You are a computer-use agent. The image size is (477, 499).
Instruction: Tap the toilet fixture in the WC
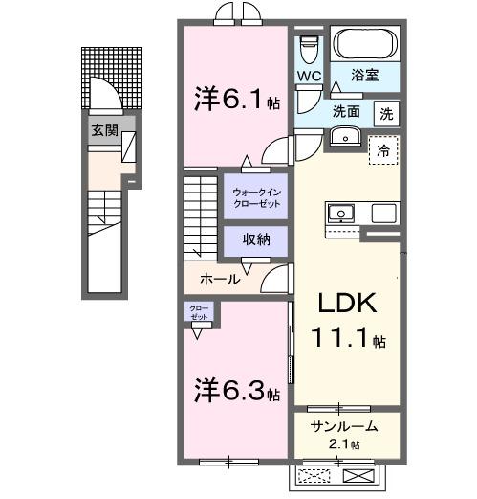(308, 47)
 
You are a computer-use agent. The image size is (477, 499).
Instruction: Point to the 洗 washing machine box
(387, 111)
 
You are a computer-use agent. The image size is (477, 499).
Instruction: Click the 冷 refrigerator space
(382, 150)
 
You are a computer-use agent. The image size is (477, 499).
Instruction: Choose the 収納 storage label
(253, 239)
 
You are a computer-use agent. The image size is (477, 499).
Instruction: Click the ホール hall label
(220, 279)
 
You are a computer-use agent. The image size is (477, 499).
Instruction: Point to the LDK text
(348, 305)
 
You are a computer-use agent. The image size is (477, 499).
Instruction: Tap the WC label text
(308, 75)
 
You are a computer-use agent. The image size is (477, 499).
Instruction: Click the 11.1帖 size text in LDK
(348, 340)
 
